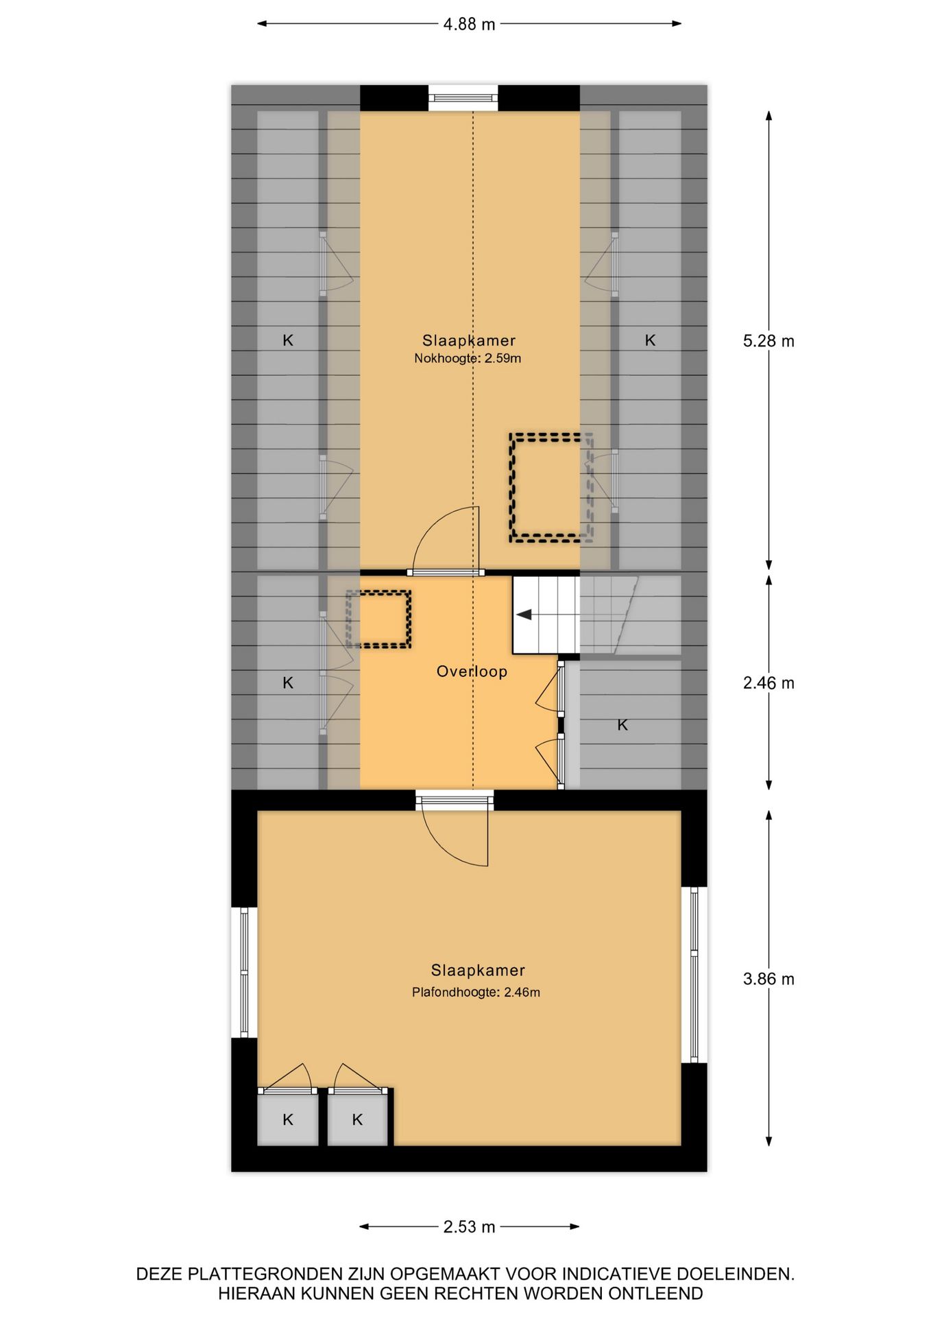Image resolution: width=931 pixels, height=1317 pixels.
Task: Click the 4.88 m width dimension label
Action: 469,25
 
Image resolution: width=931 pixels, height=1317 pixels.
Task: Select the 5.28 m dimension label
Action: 768,341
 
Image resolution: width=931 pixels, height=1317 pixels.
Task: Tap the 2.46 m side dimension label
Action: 768,683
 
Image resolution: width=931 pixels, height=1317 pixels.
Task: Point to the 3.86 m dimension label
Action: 768,979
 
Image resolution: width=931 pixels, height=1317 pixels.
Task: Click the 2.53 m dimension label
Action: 469,1226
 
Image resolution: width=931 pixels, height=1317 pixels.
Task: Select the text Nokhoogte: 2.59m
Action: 468,358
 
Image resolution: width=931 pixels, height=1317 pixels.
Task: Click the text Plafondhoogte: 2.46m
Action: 476,992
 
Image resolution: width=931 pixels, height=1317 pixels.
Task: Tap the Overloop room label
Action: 472,672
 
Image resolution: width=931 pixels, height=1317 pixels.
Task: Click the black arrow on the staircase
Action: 524,615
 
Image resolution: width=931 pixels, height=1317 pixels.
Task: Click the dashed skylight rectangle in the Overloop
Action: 378,619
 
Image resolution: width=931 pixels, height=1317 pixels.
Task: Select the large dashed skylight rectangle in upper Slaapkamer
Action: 551,488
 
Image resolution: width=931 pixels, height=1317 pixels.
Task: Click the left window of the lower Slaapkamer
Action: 244,972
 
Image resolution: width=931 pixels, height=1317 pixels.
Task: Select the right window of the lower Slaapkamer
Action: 694,975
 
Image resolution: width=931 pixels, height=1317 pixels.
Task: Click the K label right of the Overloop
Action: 622,725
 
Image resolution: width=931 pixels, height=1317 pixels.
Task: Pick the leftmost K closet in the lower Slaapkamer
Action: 288,1120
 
